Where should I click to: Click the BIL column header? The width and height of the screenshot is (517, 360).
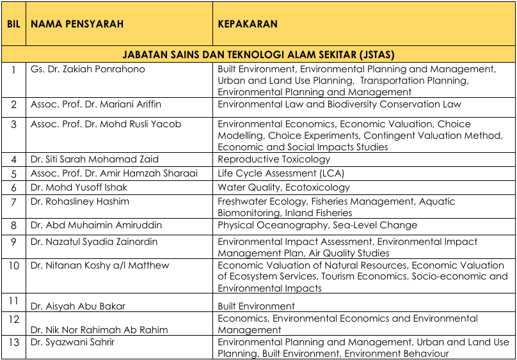13,24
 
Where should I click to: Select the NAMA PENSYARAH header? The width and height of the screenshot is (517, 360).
77,24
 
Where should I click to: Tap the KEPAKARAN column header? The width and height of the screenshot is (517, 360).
248,24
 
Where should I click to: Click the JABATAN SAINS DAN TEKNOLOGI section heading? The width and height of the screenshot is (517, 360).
258,54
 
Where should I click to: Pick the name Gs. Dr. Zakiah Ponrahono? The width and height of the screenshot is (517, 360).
88,69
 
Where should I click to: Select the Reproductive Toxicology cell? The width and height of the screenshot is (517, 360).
274,159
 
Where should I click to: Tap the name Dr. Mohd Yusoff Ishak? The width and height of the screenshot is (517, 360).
79,187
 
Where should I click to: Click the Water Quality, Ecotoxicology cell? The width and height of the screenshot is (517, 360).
283,187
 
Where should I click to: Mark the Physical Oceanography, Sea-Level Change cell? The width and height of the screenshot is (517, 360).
317,225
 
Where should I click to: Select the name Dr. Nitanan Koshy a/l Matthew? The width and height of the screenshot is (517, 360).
100,265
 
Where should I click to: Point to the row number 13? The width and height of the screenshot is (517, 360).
13,342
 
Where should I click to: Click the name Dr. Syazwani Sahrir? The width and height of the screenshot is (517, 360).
73,342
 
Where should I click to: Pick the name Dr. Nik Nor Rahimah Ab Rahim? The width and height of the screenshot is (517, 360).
99,330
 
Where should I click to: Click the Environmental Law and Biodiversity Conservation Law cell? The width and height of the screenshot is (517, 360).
339,104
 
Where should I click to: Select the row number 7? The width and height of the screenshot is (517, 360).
13,201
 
